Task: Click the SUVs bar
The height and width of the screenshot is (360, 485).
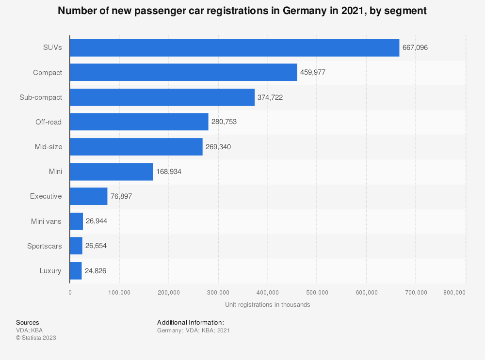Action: (x=234, y=47)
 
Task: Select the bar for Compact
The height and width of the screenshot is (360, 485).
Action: (x=183, y=72)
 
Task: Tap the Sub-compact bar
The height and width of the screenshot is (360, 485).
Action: (x=162, y=97)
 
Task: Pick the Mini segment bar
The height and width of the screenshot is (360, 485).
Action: (x=112, y=172)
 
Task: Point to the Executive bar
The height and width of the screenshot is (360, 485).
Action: (x=89, y=196)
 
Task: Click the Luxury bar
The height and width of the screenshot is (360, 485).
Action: (x=76, y=271)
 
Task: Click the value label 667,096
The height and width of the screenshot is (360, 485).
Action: (x=415, y=47)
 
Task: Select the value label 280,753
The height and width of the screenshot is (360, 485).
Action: (x=224, y=122)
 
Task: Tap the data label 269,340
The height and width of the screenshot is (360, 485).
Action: (x=218, y=147)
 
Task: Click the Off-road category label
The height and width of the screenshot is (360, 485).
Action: (x=48, y=122)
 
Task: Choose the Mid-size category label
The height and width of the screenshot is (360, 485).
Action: (x=48, y=147)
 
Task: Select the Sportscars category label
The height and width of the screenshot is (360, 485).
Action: (x=45, y=246)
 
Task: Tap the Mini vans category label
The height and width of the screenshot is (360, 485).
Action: (x=46, y=221)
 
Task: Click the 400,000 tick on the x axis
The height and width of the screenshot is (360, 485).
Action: (x=268, y=292)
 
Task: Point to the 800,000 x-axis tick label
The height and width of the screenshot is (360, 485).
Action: (x=454, y=292)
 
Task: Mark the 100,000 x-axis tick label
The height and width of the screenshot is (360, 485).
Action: (x=119, y=292)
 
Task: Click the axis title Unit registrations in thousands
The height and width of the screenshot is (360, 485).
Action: (x=267, y=305)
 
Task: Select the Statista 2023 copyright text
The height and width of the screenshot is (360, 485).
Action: (x=36, y=338)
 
